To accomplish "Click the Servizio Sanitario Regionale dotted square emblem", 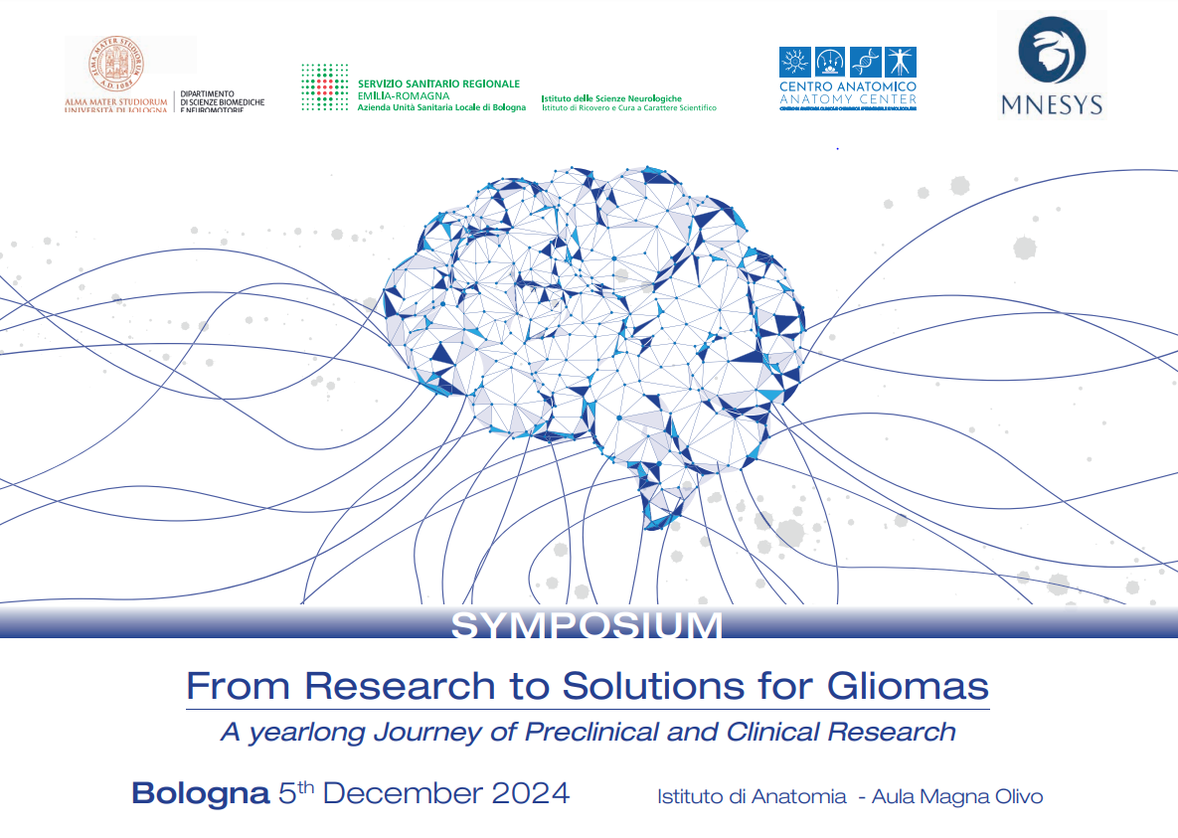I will [324, 87].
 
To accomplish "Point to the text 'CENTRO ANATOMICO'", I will [847, 87].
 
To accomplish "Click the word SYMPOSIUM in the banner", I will [588, 626].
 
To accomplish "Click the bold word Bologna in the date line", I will [200, 794].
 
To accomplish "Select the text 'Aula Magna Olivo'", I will [957, 796].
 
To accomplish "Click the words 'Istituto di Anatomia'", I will [752, 796].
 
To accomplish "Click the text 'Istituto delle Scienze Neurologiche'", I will [611, 98].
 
